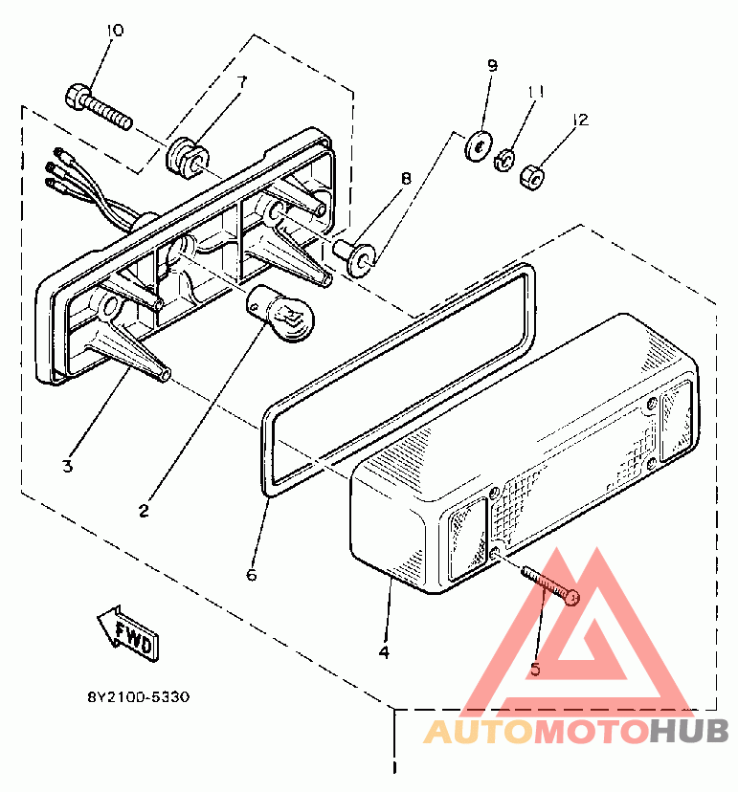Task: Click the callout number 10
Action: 114,31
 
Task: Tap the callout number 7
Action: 241,82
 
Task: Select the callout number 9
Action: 492,66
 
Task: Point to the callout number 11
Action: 536,92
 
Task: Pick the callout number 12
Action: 580,121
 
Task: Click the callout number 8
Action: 405,178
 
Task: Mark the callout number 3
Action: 67,467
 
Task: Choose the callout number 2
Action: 144,511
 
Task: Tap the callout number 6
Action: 252,575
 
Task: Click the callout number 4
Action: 384,652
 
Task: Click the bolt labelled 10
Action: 98,108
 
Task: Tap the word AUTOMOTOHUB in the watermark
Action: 576,733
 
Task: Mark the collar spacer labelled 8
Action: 356,256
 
